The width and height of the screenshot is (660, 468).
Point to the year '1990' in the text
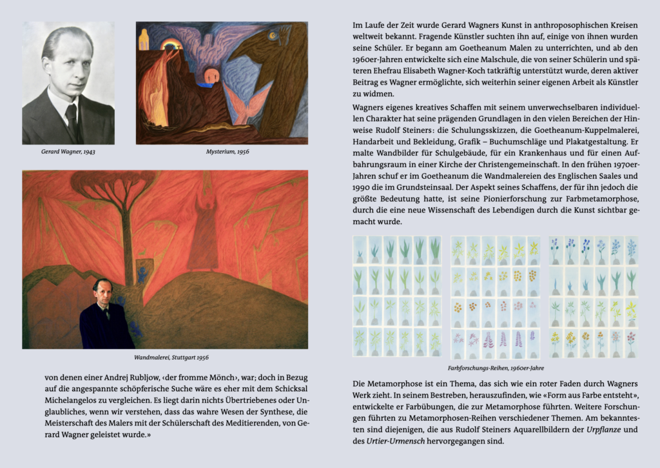pyautogui.click(x=363, y=187)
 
